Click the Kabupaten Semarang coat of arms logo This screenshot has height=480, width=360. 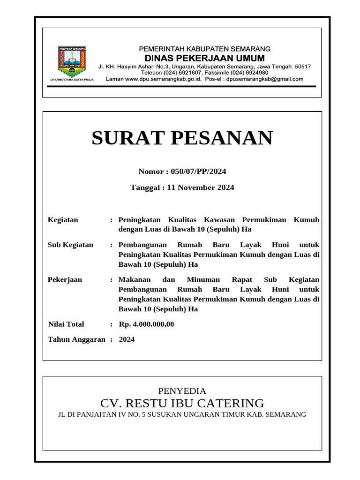click(x=72, y=61)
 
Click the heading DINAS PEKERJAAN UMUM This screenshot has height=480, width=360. click(x=204, y=58)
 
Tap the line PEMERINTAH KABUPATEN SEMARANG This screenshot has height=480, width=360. click(x=204, y=49)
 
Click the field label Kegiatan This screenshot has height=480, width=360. click(x=63, y=220)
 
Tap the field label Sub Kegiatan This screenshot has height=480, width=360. click(x=71, y=245)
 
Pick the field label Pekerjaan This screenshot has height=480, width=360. click(x=65, y=279)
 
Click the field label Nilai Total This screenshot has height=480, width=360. click(x=67, y=324)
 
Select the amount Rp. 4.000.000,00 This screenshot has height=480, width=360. click(x=147, y=324)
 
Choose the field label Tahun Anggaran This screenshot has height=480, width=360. click(x=77, y=339)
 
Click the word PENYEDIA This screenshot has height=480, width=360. click(x=182, y=391)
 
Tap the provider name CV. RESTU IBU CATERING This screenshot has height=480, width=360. click(x=182, y=403)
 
